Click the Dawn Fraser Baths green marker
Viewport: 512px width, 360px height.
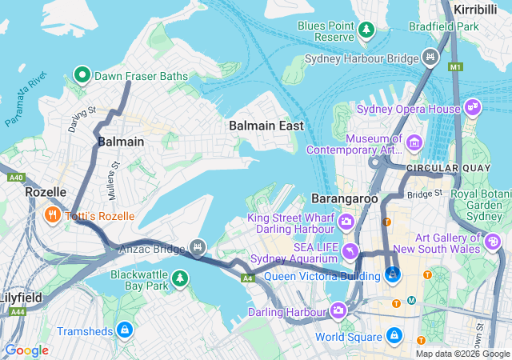coord(82,76)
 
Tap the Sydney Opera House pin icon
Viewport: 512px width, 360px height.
coord(473,108)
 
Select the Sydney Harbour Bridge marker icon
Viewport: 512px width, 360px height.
coord(431,58)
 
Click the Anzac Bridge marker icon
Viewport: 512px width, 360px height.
coord(198,246)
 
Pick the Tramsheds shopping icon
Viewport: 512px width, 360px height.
coord(124,330)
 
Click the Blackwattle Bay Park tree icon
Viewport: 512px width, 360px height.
coord(182,278)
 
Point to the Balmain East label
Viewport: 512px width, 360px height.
coord(266,126)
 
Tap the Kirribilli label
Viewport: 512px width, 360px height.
coord(475,8)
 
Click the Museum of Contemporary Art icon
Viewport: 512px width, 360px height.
coord(414,143)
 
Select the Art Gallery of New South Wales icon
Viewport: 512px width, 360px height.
coord(494,239)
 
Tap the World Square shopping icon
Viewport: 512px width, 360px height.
coord(394,335)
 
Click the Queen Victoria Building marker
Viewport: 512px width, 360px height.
coord(393,275)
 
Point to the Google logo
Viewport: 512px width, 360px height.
coord(26,350)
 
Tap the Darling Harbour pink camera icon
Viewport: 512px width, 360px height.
coord(338,310)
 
